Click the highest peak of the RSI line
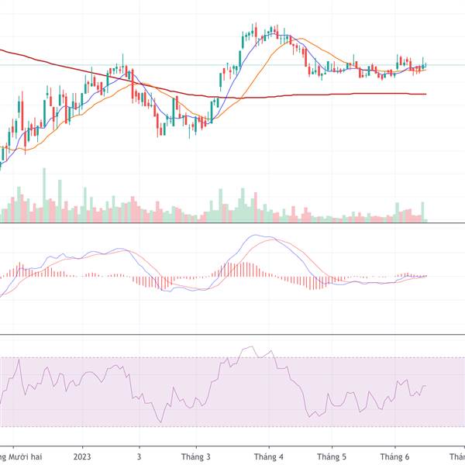(x=248, y=347)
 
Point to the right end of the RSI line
(x=425, y=385)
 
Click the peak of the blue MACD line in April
(x=254, y=236)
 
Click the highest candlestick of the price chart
(x=254, y=29)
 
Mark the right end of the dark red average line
(x=426, y=94)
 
